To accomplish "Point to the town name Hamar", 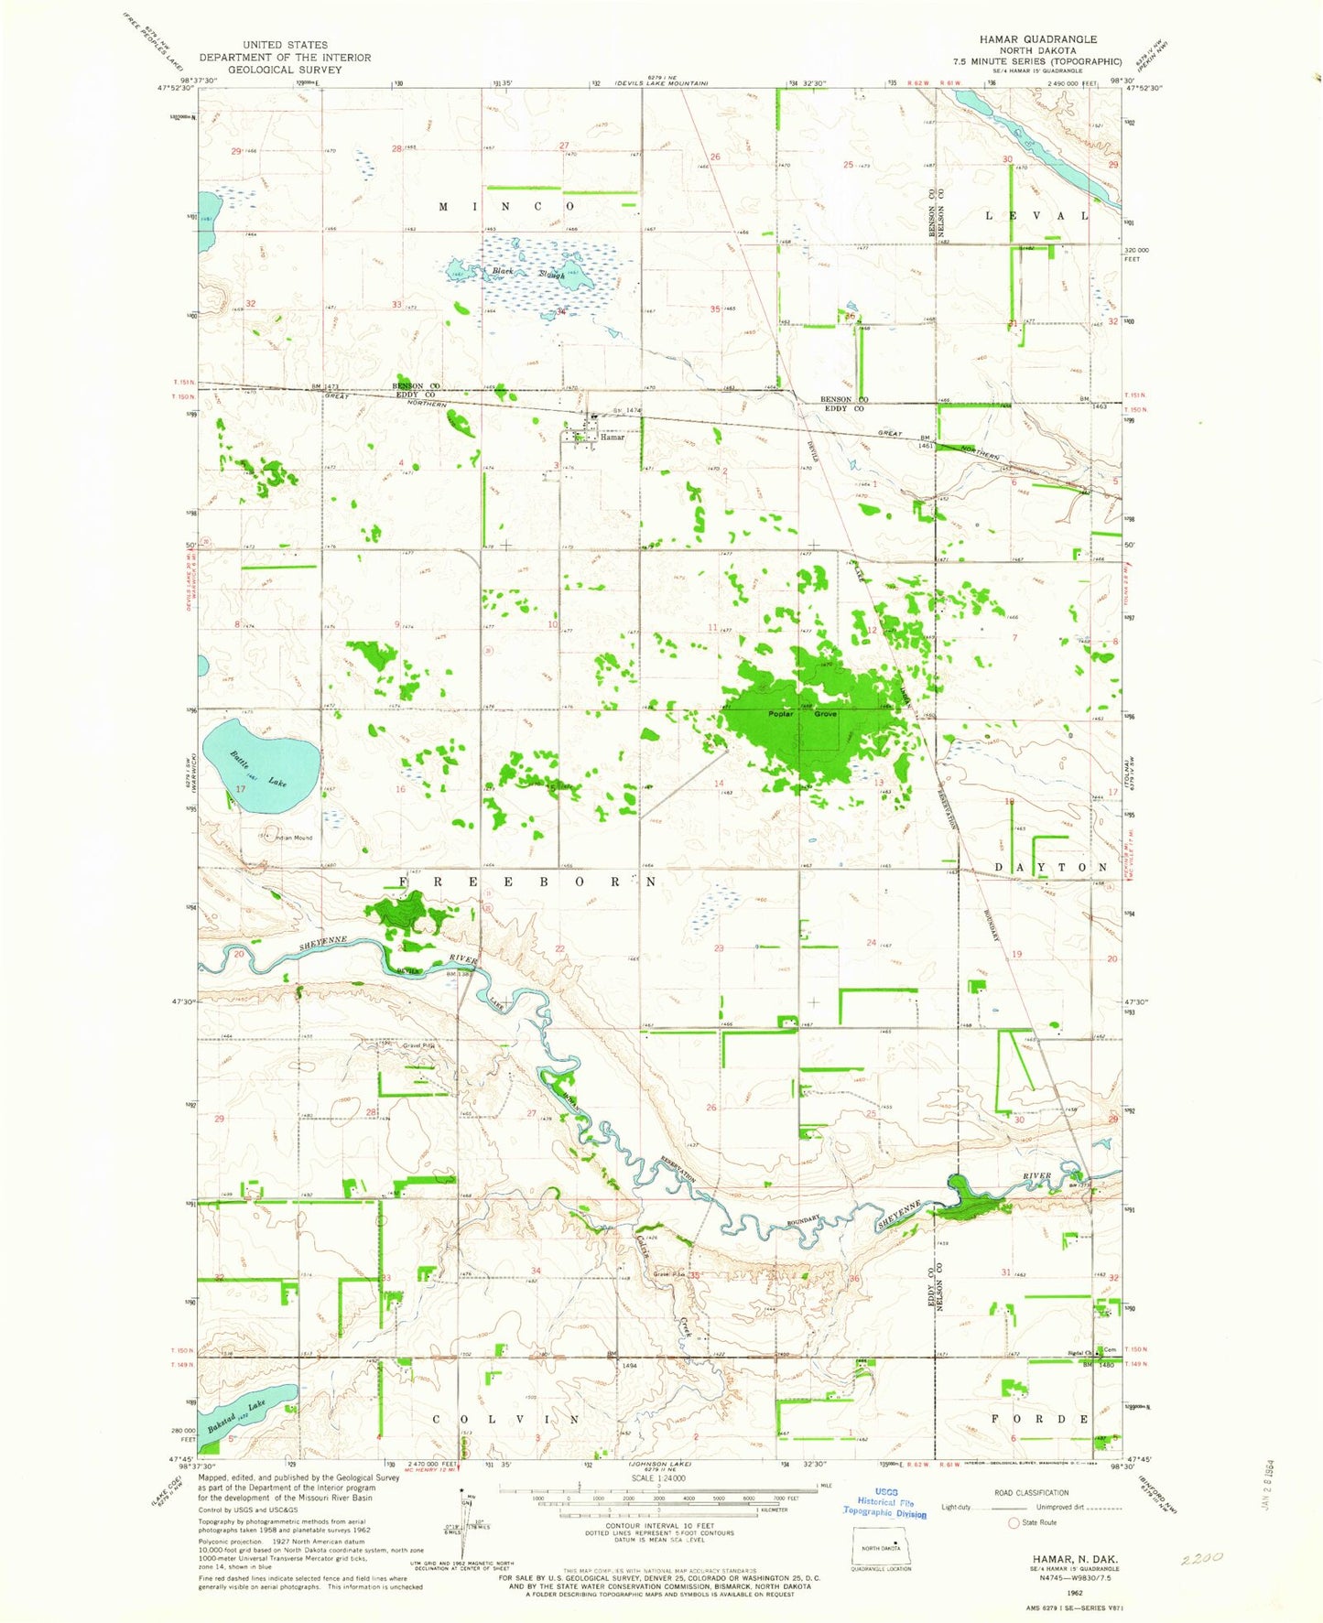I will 612,438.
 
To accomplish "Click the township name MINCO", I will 506,207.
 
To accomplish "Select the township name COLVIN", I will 506,1419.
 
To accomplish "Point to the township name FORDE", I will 1040,1419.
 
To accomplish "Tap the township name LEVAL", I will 1036,215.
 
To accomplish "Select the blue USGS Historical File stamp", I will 884,1508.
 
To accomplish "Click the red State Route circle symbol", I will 1014,1523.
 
